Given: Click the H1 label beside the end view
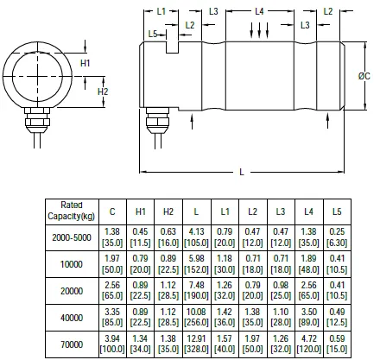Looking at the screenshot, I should coord(85,65).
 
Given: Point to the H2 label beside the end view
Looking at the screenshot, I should coord(103,92).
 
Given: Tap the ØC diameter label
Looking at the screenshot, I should coord(364,77).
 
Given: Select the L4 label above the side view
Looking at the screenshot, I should coord(259,11).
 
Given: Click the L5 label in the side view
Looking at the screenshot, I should coord(153,34).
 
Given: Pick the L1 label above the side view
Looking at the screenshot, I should coord(161,11).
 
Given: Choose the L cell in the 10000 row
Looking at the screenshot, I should coord(196,264).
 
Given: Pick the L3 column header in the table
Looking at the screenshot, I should coord(281,209).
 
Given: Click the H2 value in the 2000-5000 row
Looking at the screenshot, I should coord(168,237).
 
